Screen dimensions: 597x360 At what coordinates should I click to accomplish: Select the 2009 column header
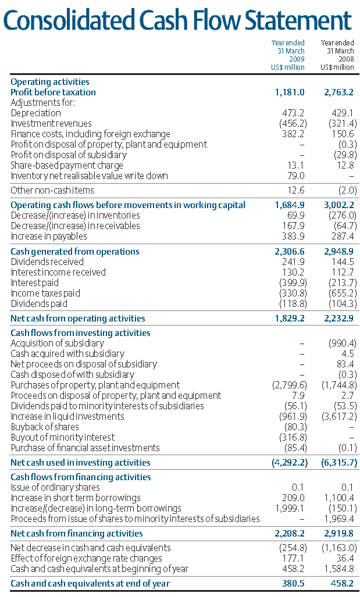[288, 55]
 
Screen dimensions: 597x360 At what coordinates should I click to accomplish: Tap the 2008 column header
[337, 55]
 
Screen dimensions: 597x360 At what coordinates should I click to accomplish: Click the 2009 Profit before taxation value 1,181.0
[290, 92]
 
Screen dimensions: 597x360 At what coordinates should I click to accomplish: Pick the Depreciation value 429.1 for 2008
[343, 113]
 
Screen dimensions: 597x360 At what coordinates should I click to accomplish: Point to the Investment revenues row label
[51, 124]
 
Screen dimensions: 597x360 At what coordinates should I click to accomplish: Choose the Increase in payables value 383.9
[293, 237]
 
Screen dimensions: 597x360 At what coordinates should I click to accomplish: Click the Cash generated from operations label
[75, 252]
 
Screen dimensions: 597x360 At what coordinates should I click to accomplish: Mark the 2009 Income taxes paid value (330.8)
[291, 294]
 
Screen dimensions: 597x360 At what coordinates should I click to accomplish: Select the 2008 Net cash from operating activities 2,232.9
[340, 319]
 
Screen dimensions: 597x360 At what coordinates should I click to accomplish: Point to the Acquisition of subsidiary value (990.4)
[343, 344]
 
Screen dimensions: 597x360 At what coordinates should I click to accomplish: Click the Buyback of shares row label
[45, 427]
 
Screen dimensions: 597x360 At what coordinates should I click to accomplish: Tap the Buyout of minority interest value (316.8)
[291, 438]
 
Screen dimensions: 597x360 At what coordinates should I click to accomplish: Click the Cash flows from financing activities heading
[81, 477]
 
